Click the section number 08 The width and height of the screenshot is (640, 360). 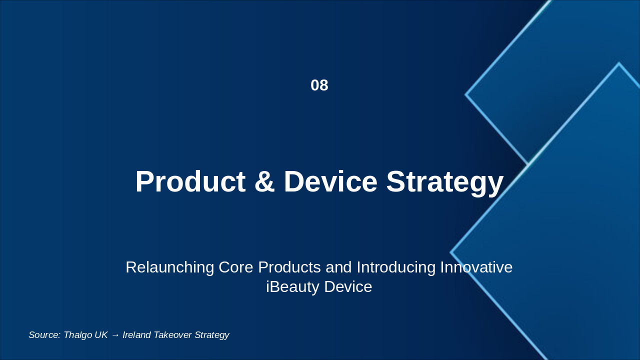click(319, 85)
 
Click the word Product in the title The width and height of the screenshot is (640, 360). click(190, 181)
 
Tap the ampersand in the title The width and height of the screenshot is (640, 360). click(264, 181)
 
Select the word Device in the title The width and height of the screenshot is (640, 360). click(330, 181)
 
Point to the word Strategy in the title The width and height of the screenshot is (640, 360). click(445, 183)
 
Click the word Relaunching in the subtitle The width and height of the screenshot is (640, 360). click(169, 267)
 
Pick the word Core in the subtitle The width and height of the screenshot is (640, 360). click(235, 267)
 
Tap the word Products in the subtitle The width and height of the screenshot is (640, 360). click(289, 267)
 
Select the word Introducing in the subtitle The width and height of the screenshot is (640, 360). click(396, 267)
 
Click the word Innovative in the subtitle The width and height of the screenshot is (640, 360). click(476, 267)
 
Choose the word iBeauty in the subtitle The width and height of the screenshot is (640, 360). click(292, 287)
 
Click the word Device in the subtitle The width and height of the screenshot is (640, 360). click(348, 287)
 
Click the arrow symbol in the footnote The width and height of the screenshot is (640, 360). click(115, 335)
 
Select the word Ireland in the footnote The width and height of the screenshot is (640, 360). click(136, 335)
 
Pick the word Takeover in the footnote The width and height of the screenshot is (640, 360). click(172, 335)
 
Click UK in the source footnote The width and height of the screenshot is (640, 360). click(101, 335)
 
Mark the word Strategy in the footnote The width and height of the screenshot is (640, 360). click(211, 335)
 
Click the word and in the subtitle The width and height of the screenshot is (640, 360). click(338, 267)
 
